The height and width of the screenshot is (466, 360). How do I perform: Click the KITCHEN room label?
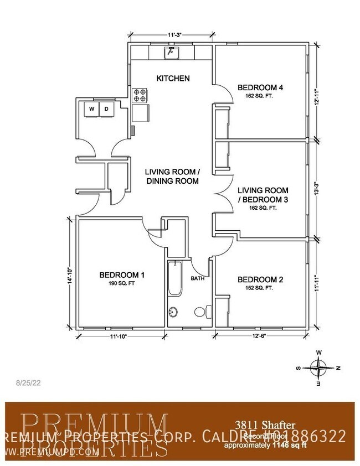pos(173,79)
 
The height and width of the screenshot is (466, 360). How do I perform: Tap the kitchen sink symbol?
pos(172,53)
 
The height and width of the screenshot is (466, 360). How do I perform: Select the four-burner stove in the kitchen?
pos(140,95)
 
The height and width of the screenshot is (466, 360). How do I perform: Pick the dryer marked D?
pos(106,109)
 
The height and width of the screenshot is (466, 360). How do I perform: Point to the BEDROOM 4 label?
pos(260,87)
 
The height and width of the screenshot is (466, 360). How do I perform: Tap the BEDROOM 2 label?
pos(260,280)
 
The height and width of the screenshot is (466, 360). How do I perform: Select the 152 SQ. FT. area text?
pos(260,288)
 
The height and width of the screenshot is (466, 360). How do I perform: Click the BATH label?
pos(198,278)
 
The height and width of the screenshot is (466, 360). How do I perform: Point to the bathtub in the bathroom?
pos(174,279)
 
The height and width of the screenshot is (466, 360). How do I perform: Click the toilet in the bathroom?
pos(202,311)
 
